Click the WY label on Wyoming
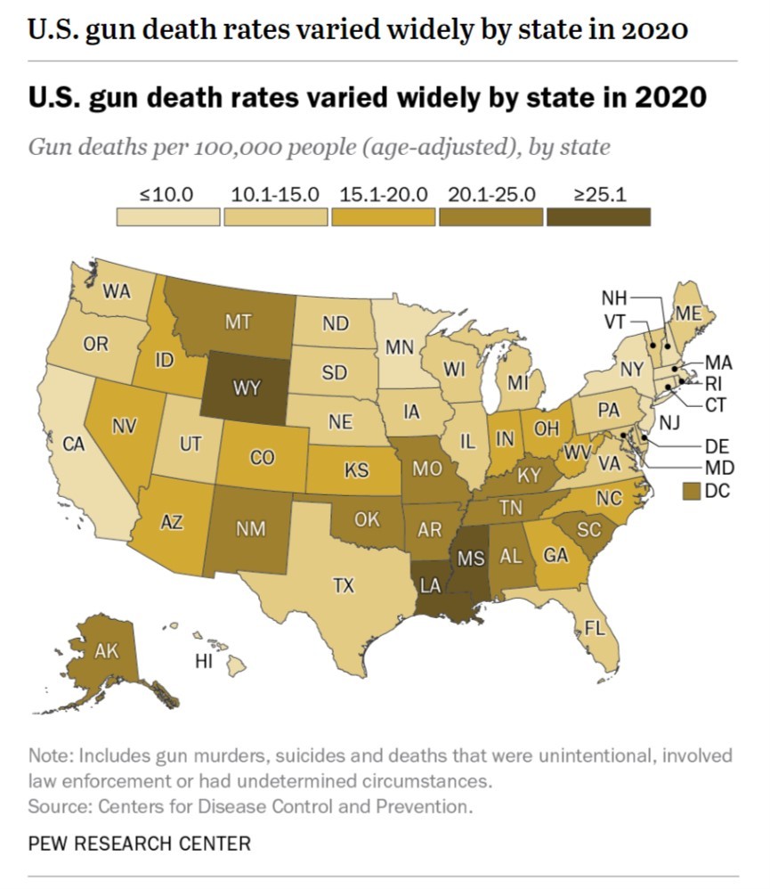pyautogui.click(x=247, y=388)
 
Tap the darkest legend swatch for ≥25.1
pyautogui.click(x=599, y=216)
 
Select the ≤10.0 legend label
pyautogui.click(x=167, y=194)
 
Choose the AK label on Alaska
pyautogui.click(x=106, y=651)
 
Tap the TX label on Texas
pyautogui.click(x=344, y=585)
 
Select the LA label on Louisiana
pyautogui.click(x=432, y=585)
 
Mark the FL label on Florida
pyautogui.click(x=594, y=628)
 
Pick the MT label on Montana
pyautogui.click(x=238, y=322)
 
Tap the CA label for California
pyautogui.click(x=74, y=443)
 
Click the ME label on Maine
pyautogui.click(x=688, y=314)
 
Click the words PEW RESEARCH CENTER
pyautogui.click(x=140, y=842)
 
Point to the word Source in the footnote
pyautogui.click(x=55, y=807)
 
